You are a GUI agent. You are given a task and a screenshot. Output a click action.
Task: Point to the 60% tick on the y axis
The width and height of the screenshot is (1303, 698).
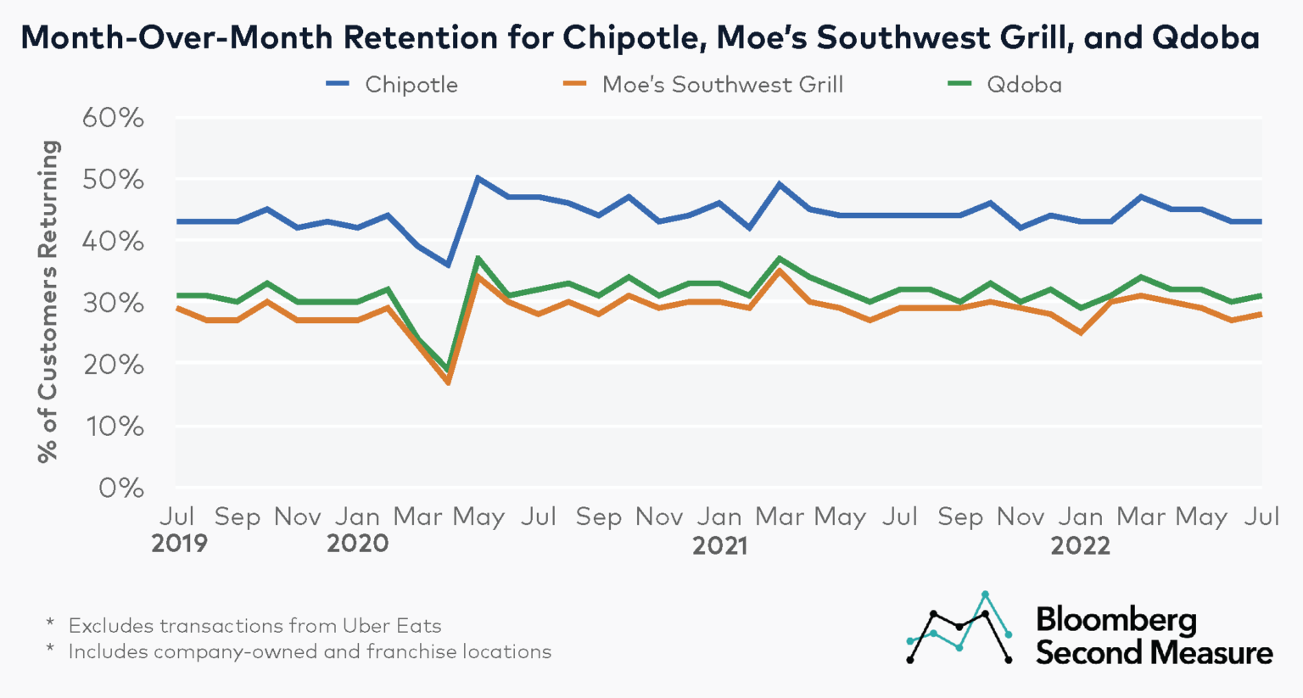113,118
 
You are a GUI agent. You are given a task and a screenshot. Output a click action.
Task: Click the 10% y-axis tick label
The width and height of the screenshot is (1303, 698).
113,427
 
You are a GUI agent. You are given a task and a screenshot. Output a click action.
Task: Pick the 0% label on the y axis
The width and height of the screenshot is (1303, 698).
120,489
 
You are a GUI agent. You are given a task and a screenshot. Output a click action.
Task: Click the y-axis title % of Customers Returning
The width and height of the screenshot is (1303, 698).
48,301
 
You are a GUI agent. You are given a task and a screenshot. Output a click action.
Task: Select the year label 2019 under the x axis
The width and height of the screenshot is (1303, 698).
179,544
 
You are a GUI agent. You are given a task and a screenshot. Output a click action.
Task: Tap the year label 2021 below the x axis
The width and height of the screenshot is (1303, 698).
719,545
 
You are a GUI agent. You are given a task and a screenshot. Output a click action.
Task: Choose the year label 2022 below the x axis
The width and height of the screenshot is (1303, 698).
1080,545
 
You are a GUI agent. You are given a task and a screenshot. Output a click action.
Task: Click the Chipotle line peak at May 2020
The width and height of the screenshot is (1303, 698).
478,178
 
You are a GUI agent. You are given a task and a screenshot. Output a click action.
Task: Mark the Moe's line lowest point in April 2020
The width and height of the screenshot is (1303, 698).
448,383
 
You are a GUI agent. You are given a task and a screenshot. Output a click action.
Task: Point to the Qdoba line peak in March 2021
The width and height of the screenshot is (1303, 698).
779,258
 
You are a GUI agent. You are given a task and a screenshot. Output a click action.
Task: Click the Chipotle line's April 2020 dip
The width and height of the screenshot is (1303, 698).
448,265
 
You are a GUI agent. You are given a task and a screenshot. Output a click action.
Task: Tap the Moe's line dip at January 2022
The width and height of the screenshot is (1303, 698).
1080,332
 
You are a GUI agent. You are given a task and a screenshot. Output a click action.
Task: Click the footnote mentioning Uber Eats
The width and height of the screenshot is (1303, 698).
254,626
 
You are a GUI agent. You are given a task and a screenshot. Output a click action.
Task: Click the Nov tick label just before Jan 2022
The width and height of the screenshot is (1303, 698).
1020,517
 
